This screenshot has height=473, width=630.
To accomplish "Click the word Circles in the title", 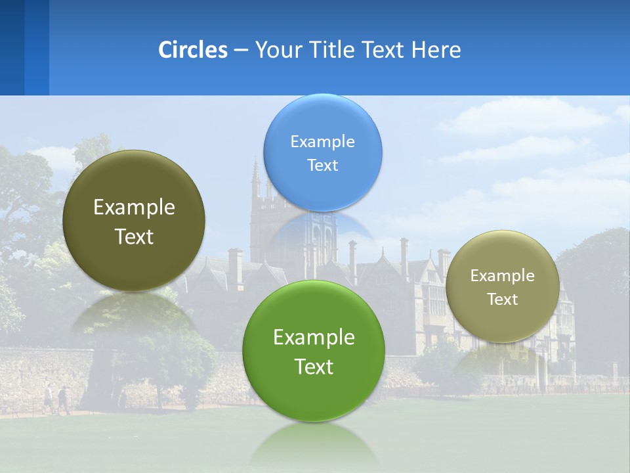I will (x=192, y=50).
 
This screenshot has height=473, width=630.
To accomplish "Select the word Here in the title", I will (x=436, y=50).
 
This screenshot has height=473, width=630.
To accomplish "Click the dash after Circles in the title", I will (x=241, y=51).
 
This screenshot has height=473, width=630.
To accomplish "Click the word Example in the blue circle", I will (x=322, y=142).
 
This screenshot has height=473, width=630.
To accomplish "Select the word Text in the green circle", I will (x=314, y=367).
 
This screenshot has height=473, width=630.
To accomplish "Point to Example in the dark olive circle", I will (x=134, y=208).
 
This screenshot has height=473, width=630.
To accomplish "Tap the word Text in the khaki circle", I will (x=502, y=300).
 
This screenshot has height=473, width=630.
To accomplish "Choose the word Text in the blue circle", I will (x=322, y=166).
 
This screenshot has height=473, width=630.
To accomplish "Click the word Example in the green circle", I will (x=314, y=338).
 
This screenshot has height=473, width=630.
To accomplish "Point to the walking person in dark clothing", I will (x=63, y=398).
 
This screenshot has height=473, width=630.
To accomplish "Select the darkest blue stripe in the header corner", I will (x=12, y=47).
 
